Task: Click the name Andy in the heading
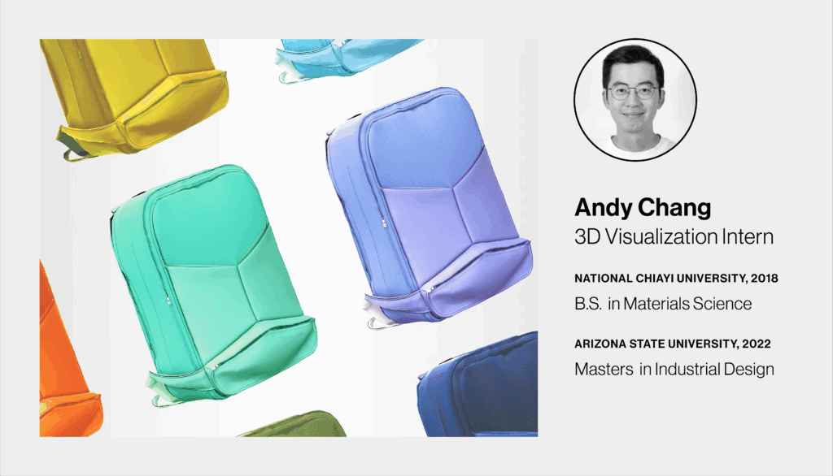tap(603, 207)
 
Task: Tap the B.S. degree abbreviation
tap(588, 304)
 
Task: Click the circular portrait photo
tap(635, 99)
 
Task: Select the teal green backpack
tap(214, 284)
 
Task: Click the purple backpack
tap(429, 207)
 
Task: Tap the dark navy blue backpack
tap(478, 386)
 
